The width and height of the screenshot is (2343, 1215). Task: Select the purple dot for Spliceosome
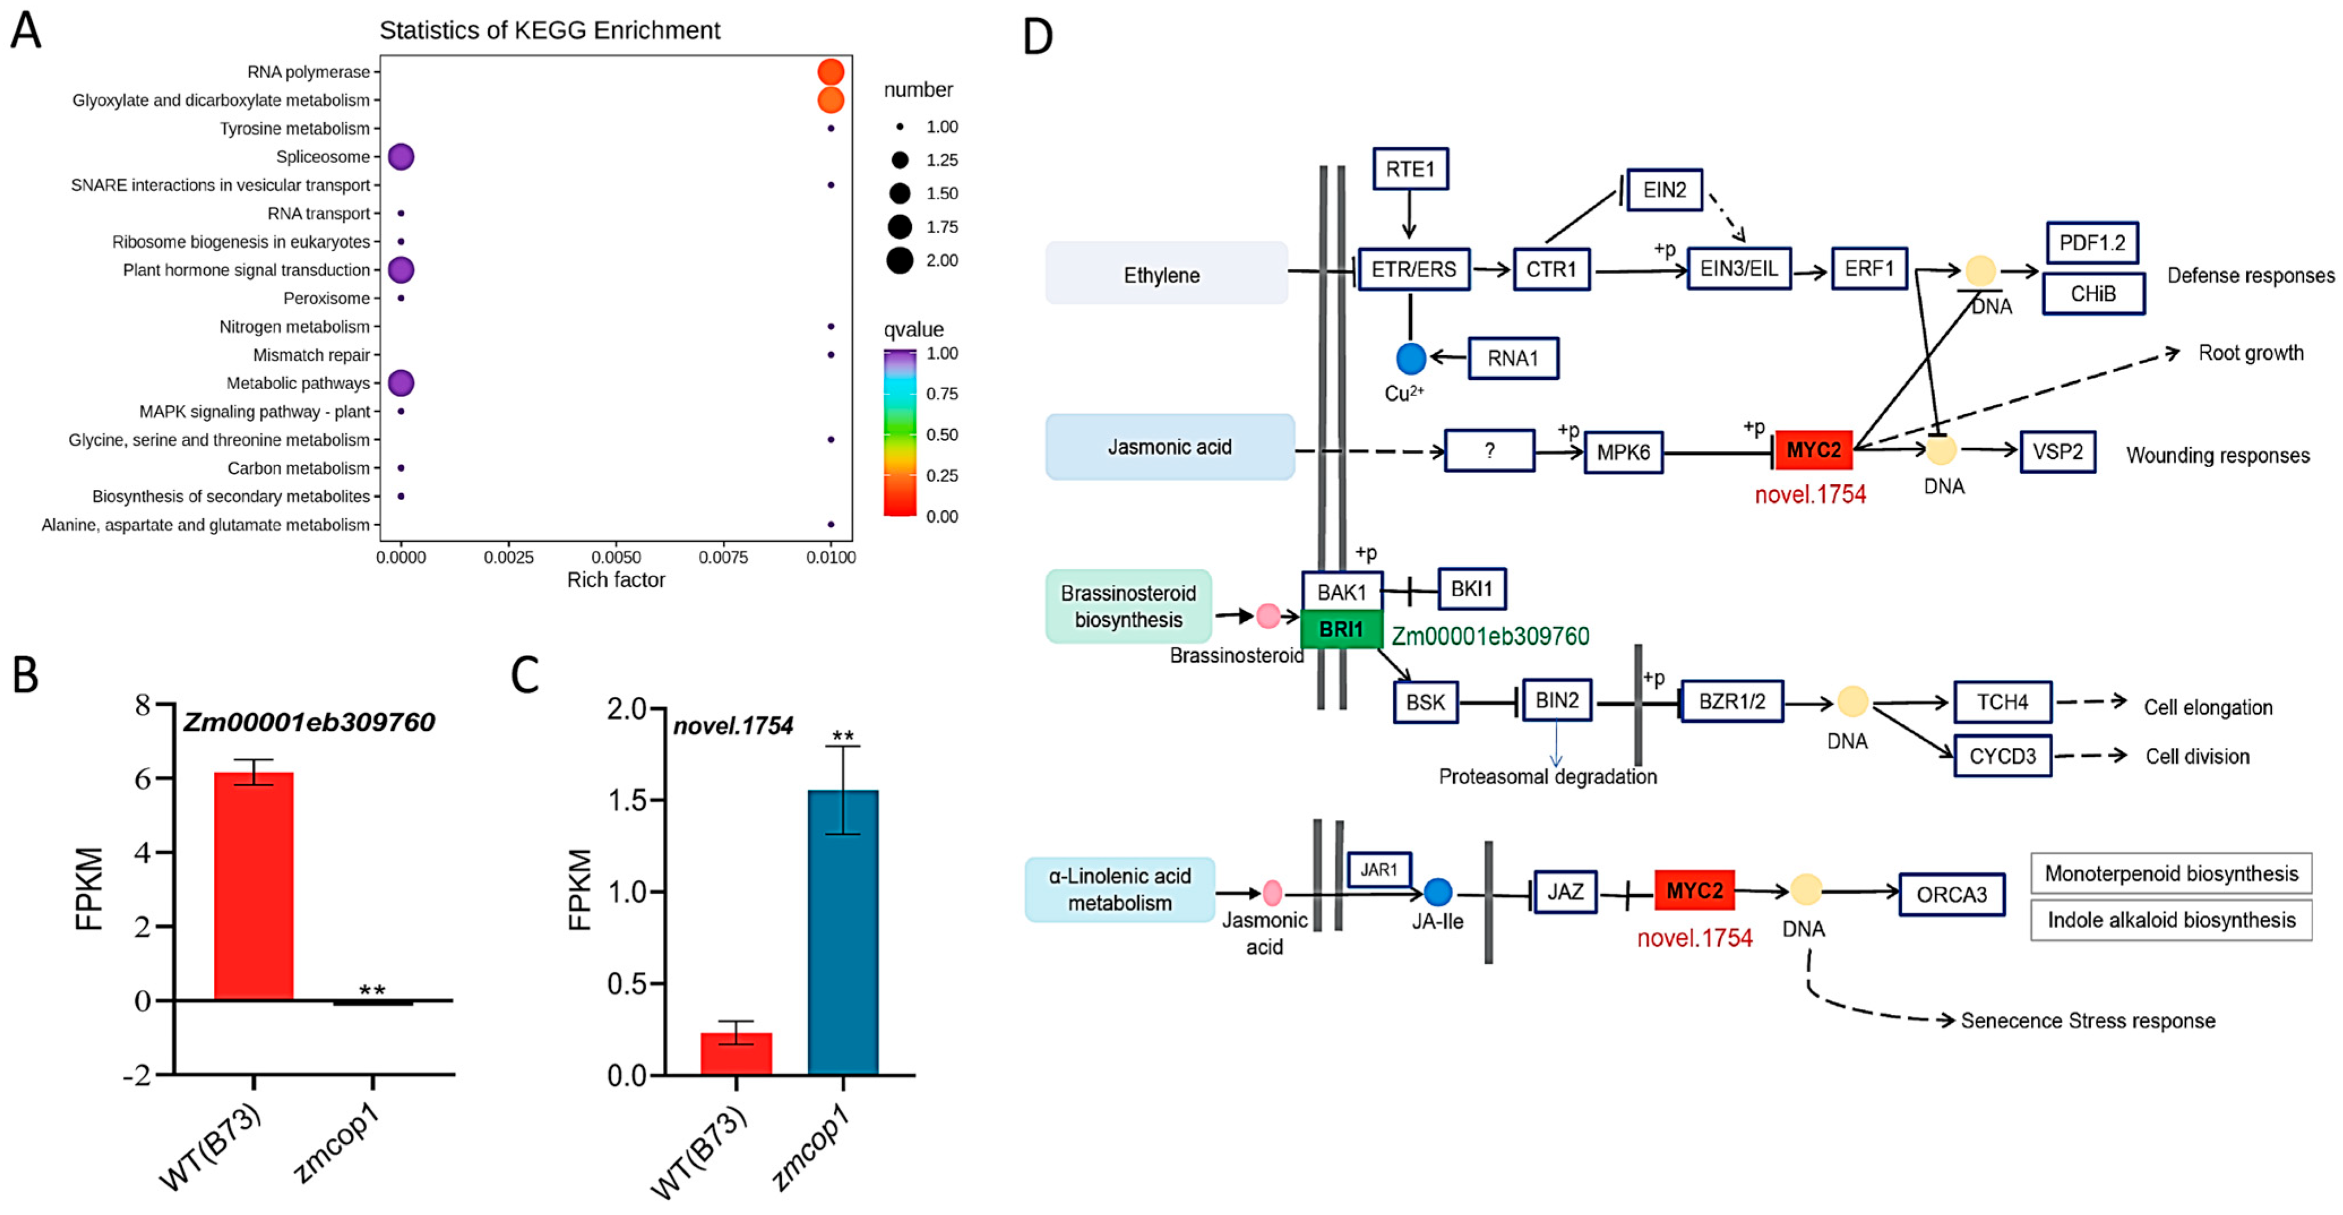click(401, 157)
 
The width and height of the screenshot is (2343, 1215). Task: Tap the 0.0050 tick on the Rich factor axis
click(616, 557)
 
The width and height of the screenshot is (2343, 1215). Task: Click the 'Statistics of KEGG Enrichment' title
click(549, 30)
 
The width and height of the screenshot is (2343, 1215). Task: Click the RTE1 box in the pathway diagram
click(1409, 169)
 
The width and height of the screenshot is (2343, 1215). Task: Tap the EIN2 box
click(1664, 190)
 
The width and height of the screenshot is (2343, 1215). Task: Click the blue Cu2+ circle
click(1411, 358)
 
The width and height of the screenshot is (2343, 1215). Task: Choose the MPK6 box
click(1623, 452)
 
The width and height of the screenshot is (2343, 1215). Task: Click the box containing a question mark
click(1489, 450)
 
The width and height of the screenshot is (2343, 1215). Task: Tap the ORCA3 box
click(1951, 894)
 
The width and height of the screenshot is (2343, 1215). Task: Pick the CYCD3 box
click(2002, 756)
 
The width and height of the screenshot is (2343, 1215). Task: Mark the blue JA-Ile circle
click(1437, 892)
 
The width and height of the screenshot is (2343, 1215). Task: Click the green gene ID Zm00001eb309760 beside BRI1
click(1490, 636)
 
